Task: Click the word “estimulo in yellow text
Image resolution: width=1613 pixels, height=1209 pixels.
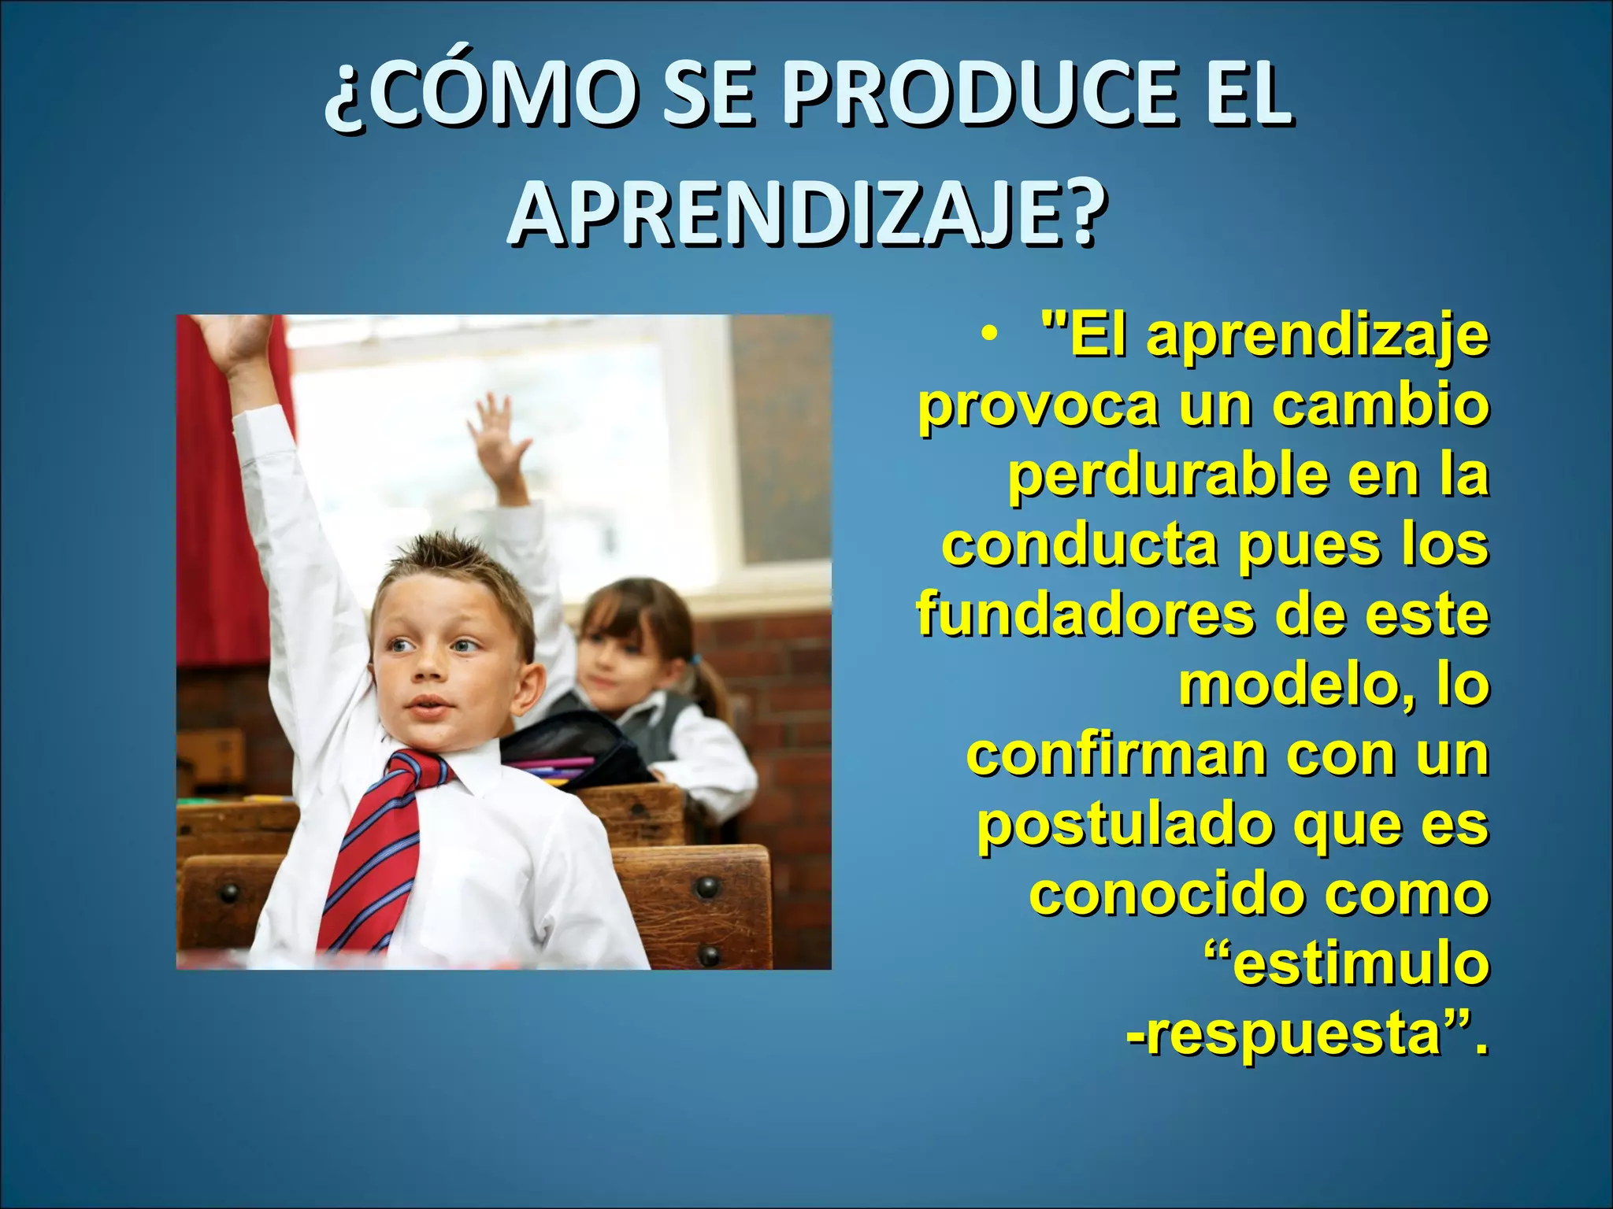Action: tap(1347, 963)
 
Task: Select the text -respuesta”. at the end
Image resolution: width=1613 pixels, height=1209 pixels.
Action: tap(1307, 1033)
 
